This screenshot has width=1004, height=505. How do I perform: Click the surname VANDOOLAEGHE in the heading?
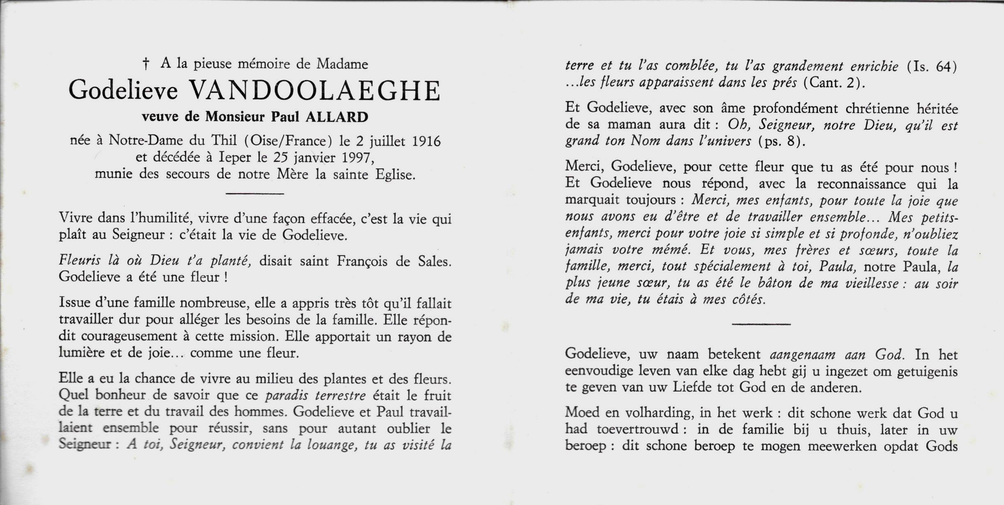point(314,91)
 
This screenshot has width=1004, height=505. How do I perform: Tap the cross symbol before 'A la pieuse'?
point(145,64)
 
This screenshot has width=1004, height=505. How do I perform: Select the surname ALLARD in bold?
point(337,117)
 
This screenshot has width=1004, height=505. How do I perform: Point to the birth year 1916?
point(426,141)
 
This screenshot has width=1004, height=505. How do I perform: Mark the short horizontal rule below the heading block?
point(255,193)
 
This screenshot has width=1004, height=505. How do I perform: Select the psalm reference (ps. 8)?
point(779,141)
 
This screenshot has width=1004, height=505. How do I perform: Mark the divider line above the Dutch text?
point(761,324)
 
